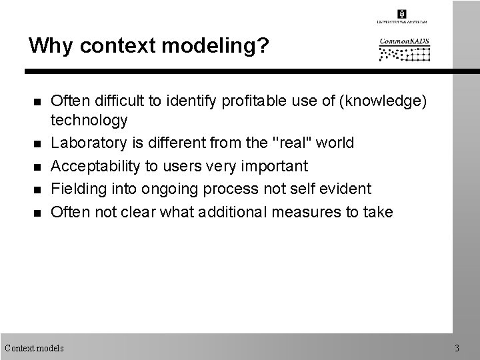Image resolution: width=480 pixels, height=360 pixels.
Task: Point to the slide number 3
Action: coord(457,347)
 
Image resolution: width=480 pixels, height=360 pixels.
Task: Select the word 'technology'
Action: coord(89,121)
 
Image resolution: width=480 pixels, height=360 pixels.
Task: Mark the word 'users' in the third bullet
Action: coord(183,165)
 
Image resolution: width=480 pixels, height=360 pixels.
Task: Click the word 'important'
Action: coord(276,165)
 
